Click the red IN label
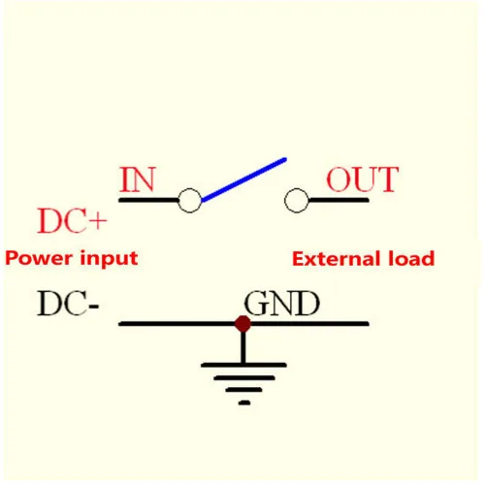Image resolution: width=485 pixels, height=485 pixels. tap(138, 179)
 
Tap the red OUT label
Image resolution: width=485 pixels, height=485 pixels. tap(363, 179)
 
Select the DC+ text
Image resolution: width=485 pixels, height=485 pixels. tap(72, 220)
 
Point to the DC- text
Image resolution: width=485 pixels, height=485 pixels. tap(68, 303)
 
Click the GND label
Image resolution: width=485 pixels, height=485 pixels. tap(282, 303)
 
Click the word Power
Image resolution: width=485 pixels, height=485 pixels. tap(39, 259)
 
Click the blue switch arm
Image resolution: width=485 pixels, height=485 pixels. tap(243, 179)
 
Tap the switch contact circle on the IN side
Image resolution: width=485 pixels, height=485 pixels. tap(190, 201)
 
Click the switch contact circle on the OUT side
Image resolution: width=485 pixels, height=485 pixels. tap(297, 201)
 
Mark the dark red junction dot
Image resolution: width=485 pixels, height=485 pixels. tap(242, 324)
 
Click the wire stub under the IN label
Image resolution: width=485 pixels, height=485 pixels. tap(148, 201)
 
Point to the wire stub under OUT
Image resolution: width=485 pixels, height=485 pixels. tap(339, 201)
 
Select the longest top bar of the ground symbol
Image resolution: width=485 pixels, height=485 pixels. tap(243, 365)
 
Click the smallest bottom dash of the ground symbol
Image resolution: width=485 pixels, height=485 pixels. tap(244, 403)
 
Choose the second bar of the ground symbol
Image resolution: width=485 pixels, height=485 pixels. tap(244, 377)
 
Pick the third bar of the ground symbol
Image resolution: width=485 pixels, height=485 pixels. tap(243, 390)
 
